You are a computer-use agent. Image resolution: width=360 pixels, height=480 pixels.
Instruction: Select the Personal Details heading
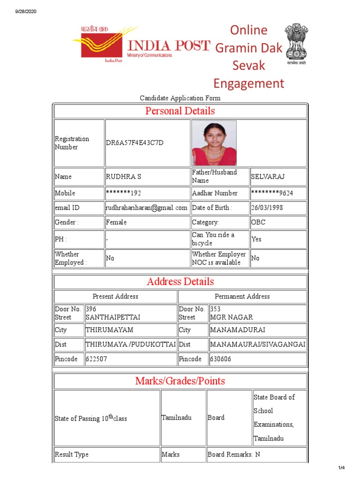[x=180, y=111]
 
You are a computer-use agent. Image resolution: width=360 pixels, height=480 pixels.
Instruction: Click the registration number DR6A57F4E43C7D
[x=135, y=143]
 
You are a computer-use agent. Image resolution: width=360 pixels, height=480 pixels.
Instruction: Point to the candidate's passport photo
[x=214, y=143]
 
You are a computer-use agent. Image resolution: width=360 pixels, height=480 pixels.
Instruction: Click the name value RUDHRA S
[x=123, y=177]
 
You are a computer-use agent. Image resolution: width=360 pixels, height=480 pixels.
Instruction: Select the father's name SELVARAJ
[x=268, y=177]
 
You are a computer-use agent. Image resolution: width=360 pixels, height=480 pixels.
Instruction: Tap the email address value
[x=147, y=208]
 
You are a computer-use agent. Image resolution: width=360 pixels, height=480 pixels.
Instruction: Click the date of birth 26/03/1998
[x=267, y=208]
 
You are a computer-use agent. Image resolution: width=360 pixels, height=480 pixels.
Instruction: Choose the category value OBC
[x=258, y=222]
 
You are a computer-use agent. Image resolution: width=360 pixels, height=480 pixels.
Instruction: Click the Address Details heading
[x=180, y=282]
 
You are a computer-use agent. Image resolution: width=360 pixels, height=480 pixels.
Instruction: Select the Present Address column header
[x=115, y=296]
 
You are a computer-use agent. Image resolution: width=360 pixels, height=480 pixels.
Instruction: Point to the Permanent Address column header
[x=242, y=296]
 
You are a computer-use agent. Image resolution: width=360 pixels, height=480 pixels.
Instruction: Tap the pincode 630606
[x=221, y=359]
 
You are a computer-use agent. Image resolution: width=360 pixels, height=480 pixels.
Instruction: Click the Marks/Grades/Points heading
[x=180, y=381]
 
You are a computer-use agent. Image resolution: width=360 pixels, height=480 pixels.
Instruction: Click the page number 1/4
[x=341, y=468]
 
